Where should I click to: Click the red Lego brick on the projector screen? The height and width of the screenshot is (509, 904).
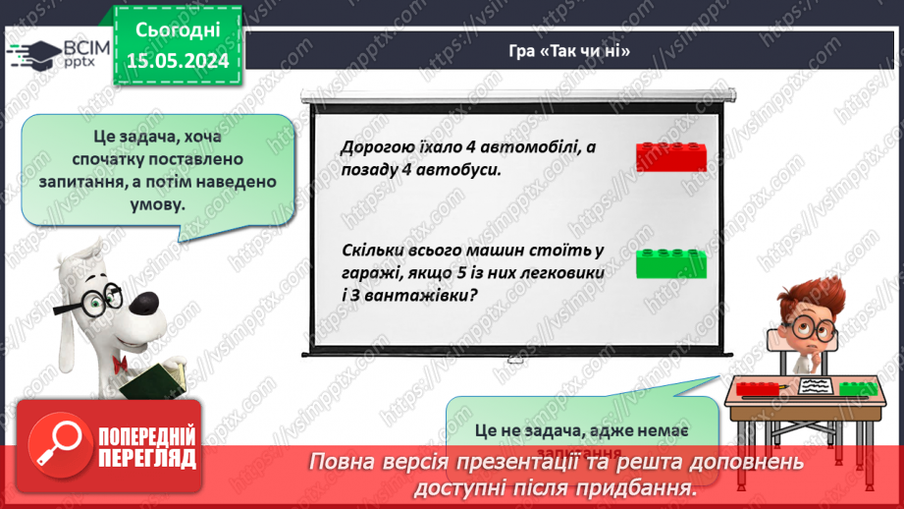pos(670,157)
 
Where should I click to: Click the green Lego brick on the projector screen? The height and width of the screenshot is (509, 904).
pos(670,263)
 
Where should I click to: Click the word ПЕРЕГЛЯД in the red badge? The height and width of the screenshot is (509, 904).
pos(147,458)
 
